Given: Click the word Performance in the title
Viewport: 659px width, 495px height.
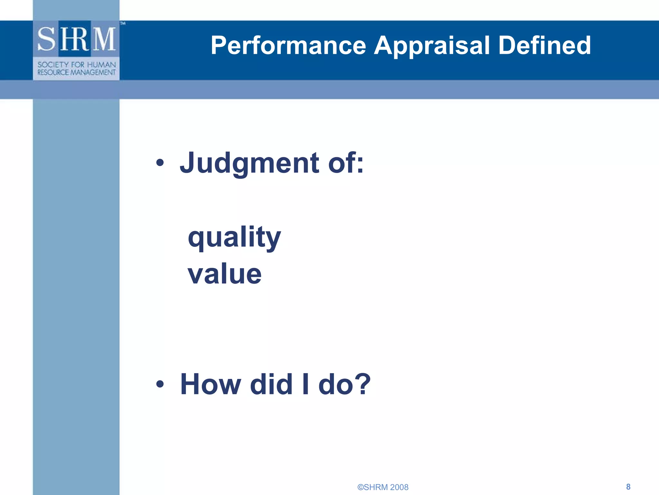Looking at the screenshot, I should click(288, 45).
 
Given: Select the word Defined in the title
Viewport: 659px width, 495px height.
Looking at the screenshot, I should click(544, 45).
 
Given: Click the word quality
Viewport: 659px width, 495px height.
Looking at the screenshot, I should click(234, 238).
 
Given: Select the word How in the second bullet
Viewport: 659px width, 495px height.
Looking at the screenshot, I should click(210, 384).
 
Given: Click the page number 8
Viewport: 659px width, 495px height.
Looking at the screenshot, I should click(628, 487).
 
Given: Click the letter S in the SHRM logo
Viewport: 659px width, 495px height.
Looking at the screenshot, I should click(47, 39).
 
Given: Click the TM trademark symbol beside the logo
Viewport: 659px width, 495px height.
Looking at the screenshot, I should click(123, 23).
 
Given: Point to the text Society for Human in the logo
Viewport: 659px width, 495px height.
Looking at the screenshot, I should click(77, 65).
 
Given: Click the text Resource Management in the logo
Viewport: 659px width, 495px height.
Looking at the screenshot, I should click(77, 73).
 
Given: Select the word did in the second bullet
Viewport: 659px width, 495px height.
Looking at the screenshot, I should click(271, 384).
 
